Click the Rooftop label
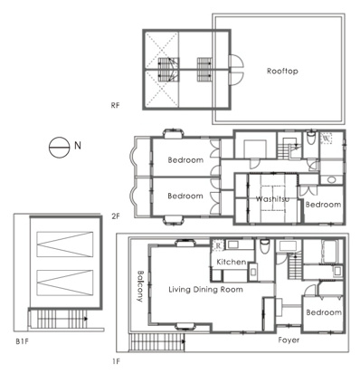pyautogui.click(x=282, y=72)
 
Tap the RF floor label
pyautogui.click(x=115, y=105)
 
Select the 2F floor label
pyautogui.click(x=116, y=216)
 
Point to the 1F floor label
pyautogui.click(x=117, y=361)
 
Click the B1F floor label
pyautogui.click(x=22, y=342)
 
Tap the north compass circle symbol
pyautogui.click(x=59, y=148)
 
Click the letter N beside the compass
pyautogui.click(x=78, y=146)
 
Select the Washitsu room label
pyautogui.click(x=272, y=199)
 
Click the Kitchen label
pyautogui.click(x=232, y=262)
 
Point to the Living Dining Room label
pyautogui.click(x=205, y=290)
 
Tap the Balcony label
pyautogui.click(x=140, y=286)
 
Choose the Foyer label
pyautogui.click(x=289, y=340)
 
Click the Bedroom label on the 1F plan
pyautogui.click(x=324, y=312)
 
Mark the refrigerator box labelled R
pyautogui.click(x=218, y=245)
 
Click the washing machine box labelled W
pyautogui.click(x=326, y=139)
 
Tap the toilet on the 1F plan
pyautogui.click(x=265, y=246)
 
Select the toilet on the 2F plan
pyautogui.click(x=310, y=138)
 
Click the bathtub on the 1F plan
pyautogui.click(x=332, y=251)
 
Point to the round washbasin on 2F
pyautogui.click(x=331, y=180)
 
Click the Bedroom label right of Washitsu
pyautogui.click(x=323, y=205)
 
